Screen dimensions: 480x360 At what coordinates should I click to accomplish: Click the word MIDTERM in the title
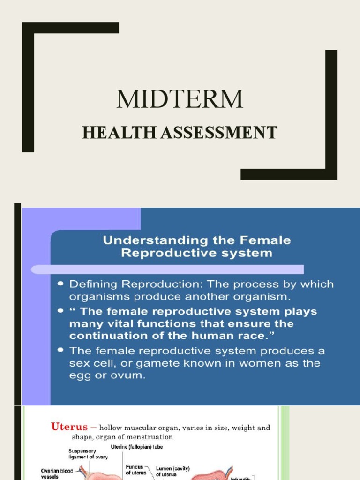pos(180,99)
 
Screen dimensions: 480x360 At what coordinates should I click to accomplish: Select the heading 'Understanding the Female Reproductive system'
pos(197,247)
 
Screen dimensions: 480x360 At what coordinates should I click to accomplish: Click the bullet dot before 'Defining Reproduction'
pos(61,285)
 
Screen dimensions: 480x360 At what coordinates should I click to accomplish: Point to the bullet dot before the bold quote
pos(61,312)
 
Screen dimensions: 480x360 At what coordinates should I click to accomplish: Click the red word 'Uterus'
pos(69,427)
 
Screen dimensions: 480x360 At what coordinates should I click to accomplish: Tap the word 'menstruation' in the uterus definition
pos(150,437)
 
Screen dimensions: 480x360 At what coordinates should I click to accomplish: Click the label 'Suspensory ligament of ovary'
pos(83,455)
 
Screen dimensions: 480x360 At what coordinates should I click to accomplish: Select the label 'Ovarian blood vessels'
pos(56,473)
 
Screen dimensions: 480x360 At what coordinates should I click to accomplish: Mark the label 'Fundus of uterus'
pos(136,471)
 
